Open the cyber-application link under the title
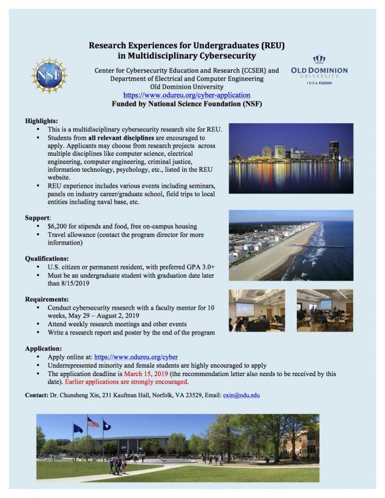(187, 95)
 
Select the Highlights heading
(41, 120)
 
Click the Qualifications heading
(47, 258)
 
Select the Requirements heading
(47, 300)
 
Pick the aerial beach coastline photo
(291, 245)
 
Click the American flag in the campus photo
(93, 422)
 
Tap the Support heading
(37, 217)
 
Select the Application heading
(43, 349)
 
